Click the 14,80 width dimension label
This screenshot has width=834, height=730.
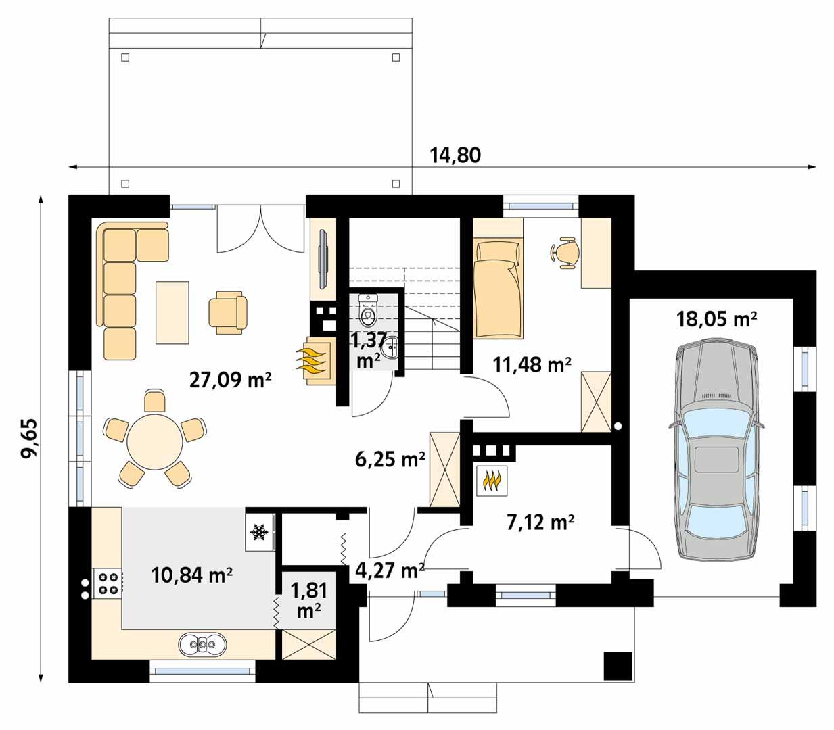(455, 155)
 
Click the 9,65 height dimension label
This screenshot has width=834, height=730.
(30, 439)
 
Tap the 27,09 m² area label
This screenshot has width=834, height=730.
(230, 380)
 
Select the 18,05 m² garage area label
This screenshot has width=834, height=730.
(716, 319)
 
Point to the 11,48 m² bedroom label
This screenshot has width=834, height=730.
(532, 365)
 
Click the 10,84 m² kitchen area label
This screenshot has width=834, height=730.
(192, 575)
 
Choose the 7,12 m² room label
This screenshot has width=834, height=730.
(540, 522)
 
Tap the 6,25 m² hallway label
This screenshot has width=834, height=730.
(390, 460)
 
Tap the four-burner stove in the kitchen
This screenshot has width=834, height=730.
(108, 583)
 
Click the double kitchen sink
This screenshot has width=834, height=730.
(202, 645)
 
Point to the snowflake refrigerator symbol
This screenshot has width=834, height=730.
(258, 533)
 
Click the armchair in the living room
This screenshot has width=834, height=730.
(227, 312)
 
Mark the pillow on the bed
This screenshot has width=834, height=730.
(499, 253)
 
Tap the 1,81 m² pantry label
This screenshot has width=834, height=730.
(309, 600)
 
